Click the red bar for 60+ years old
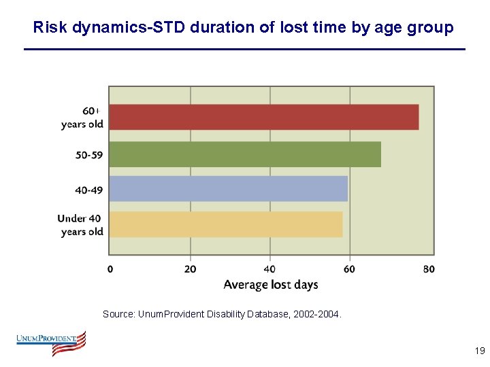(x=264, y=117)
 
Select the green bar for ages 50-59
(x=245, y=154)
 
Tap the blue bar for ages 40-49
(x=228, y=188)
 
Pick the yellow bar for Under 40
(x=226, y=224)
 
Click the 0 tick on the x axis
(x=110, y=269)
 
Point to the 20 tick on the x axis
(x=190, y=269)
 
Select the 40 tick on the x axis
(x=270, y=269)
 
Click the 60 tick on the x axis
(x=349, y=269)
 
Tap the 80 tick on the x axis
(x=429, y=269)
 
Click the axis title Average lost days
(x=271, y=285)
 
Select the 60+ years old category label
(x=82, y=117)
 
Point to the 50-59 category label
(x=89, y=155)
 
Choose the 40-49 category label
(x=89, y=190)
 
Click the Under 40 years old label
(x=80, y=225)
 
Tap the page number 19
(x=479, y=351)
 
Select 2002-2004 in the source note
(x=319, y=315)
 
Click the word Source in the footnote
(x=118, y=315)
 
